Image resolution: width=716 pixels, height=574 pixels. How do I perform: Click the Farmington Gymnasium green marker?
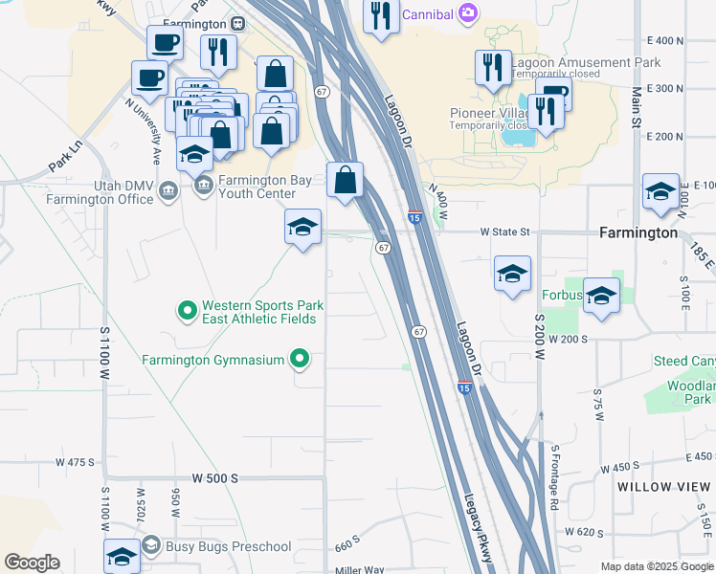coord(300,360)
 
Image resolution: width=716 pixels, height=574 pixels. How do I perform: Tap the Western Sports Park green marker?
coord(188,311)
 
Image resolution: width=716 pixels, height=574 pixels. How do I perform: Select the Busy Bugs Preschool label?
coord(227,546)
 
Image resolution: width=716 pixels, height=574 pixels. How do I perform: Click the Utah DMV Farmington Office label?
coord(102,192)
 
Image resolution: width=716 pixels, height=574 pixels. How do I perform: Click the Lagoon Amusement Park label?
coord(586,63)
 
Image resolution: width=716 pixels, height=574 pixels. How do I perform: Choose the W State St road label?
coord(504,232)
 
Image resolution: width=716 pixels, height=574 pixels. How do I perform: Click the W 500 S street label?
coord(214,477)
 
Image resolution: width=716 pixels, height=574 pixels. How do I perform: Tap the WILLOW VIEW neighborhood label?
coord(664,487)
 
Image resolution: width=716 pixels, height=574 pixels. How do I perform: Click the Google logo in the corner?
coord(32,563)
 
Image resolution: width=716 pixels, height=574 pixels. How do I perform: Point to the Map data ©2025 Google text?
coord(657,566)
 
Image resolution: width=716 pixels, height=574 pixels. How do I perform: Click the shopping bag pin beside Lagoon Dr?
coord(345,180)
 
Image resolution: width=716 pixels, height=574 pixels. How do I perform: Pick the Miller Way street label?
coord(359,570)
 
